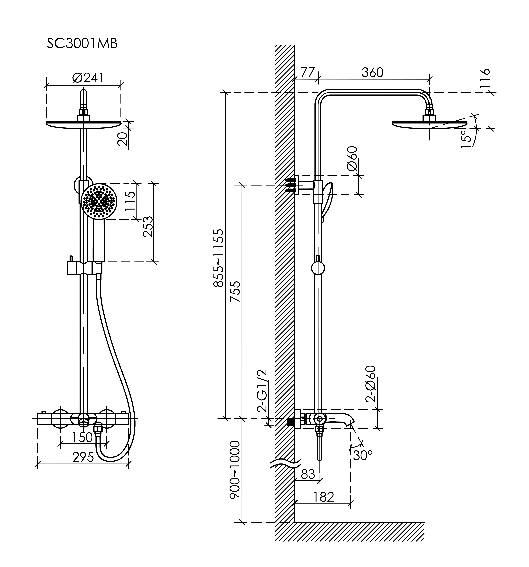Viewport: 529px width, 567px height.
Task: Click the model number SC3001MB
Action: (x=82, y=44)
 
